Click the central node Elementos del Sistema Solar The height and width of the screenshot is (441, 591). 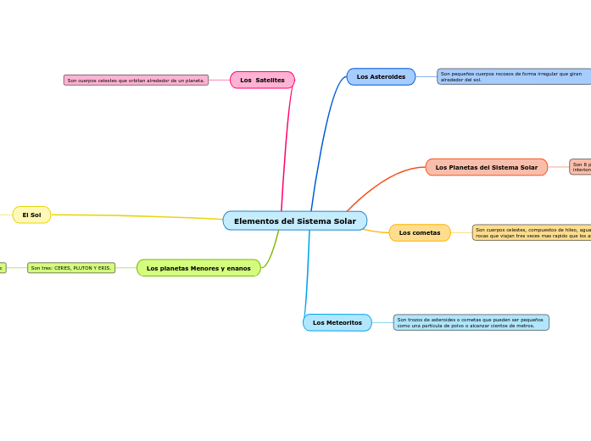294,221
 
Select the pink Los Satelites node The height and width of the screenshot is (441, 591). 262,80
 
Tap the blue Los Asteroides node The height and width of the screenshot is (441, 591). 381,77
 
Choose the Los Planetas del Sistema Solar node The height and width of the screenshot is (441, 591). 486,168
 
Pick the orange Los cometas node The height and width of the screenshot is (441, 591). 420,233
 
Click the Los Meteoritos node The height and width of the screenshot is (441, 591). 337,323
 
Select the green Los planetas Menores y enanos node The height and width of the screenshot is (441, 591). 198,269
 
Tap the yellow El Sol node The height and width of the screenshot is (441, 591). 31,215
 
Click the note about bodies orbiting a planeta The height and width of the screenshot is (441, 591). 136,81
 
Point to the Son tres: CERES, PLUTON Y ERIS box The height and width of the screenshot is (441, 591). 71,268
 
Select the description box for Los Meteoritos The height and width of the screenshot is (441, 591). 471,322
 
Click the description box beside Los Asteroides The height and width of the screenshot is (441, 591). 514,76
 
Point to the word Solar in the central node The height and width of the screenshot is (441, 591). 344,221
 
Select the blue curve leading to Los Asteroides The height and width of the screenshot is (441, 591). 321,136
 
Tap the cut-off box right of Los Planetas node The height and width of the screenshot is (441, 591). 581,167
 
